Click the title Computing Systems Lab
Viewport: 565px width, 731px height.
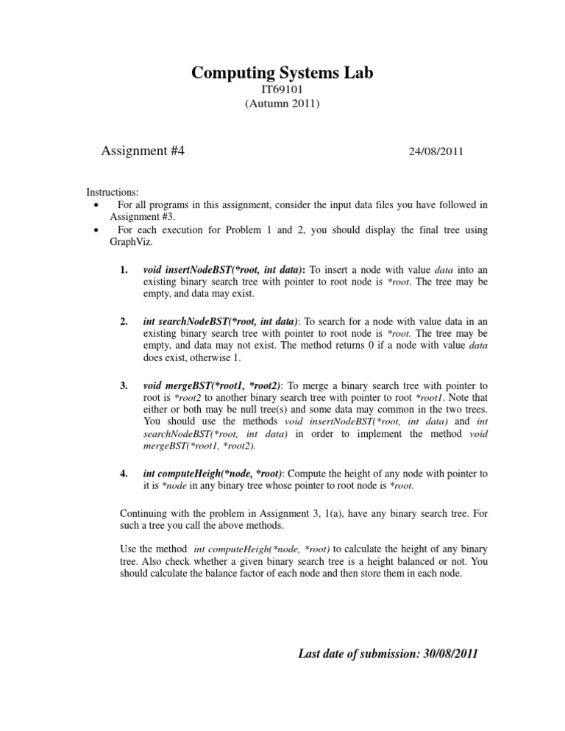pyautogui.click(x=282, y=73)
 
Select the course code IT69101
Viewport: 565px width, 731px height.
pyautogui.click(x=282, y=90)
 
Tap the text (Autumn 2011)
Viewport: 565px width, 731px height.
pyautogui.click(x=282, y=104)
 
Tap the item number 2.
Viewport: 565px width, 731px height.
pyautogui.click(x=124, y=322)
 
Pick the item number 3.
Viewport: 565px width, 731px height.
pyautogui.click(x=124, y=385)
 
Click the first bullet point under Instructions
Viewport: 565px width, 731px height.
pyautogui.click(x=97, y=204)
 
